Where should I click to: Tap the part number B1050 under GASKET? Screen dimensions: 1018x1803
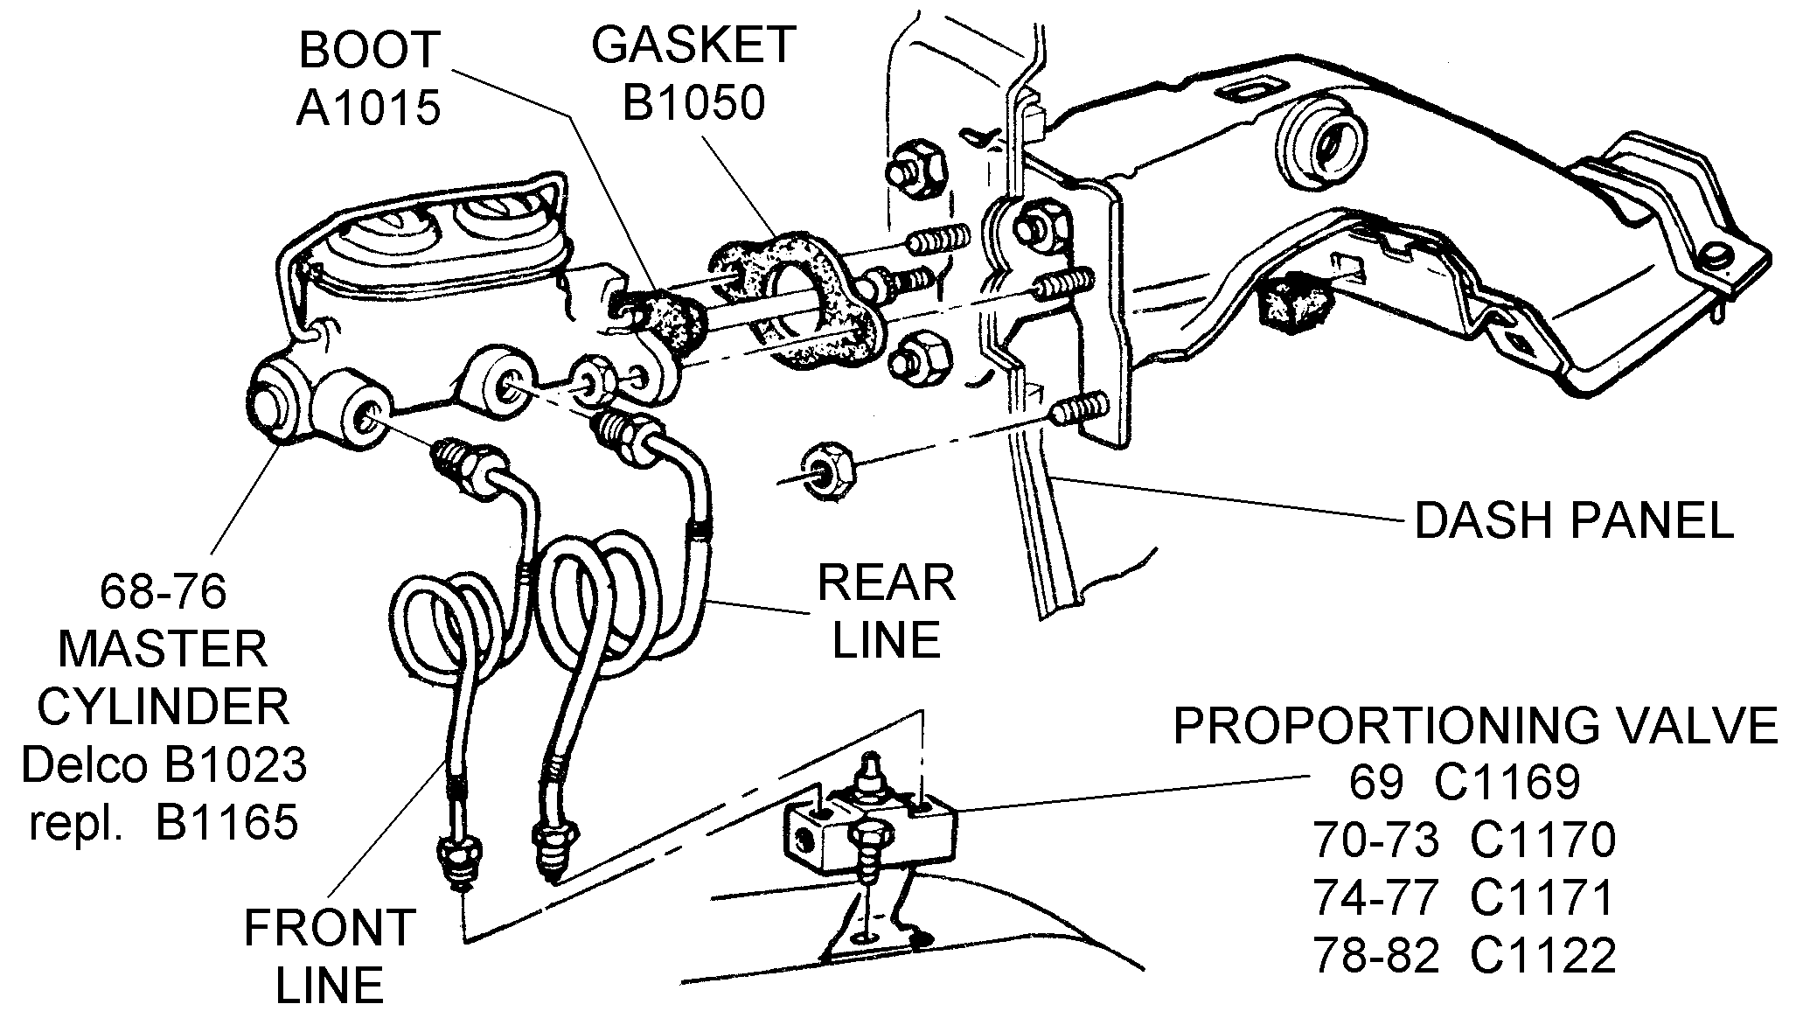pos(693,102)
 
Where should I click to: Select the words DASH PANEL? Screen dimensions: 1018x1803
pos(1574,521)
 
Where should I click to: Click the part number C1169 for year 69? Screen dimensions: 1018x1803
pos(1507,782)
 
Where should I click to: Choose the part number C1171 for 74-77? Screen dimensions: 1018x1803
pos(1542,898)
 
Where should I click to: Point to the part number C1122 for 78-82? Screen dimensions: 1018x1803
pos(1543,956)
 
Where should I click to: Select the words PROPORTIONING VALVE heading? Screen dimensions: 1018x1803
pos(1476,726)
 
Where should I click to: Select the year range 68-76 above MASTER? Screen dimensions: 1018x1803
pos(164,592)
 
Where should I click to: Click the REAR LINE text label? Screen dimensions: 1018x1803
pos(886,612)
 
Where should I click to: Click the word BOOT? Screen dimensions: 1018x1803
pos(368,51)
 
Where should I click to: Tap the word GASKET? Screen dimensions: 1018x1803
pos(693,45)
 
